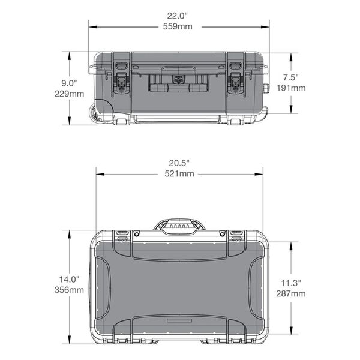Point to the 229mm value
pyautogui.click(x=70, y=94)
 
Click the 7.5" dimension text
pyautogui.click(x=291, y=77)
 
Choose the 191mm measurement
pyautogui.click(x=291, y=88)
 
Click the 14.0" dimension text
pyautogui.click(x=70, y=279)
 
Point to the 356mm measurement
pyautogui.click(x=70, y=290)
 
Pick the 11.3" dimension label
pyautogui.click(x=291, y=283)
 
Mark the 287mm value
pyautogui.click(x=291, y=293)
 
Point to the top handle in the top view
pyautogui.click(x=179, y=226)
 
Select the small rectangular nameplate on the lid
pyautogui.click(x=179, y=322)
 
